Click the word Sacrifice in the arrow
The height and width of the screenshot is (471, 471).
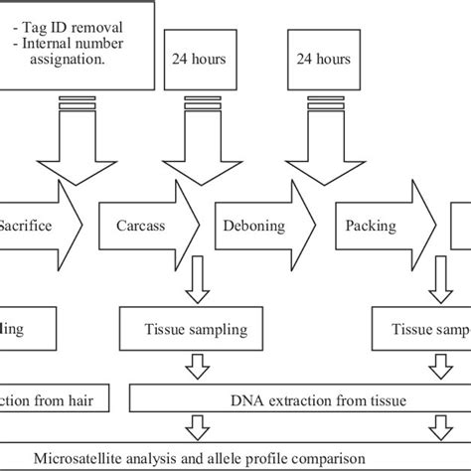coord(25,226)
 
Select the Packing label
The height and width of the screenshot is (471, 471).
coord(371,226)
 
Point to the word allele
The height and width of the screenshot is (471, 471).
coord(237,457)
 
